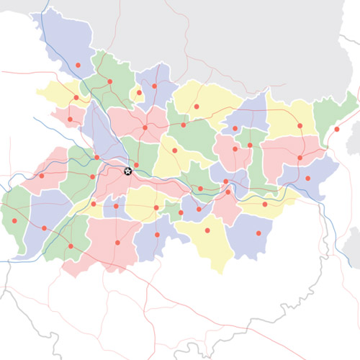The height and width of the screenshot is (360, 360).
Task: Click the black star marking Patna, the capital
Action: pyautogui.click(x=128, y=171)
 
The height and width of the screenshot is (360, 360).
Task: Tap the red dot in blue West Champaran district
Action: pyautogui.click(x=78, y=66)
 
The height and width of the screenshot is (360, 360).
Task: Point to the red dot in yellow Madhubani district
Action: pyautogui.click(x=196, y=107)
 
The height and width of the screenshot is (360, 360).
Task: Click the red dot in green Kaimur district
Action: pyautogui.click(x=14, y=220)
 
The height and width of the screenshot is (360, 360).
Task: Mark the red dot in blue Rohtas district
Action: pyautogui.click(x=45, y=228)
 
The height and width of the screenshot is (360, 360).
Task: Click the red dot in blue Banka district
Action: pyautogui.click(x=257, y=234)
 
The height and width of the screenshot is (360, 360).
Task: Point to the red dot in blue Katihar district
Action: pyautogui.click(x=307, y=178)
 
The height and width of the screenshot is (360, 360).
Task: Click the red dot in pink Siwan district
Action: pyautogui.click(x=70, y=119)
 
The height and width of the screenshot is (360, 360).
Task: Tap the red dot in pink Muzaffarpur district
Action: pyautogui.click(x=145, y=127)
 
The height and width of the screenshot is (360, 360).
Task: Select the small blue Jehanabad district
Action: pyautogui.click(x=115, y=208)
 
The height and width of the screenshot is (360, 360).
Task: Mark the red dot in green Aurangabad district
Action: pyautogui.click(x=71, y=246)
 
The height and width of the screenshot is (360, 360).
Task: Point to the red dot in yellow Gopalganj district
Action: pyautogui.click(x=76, y=97)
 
